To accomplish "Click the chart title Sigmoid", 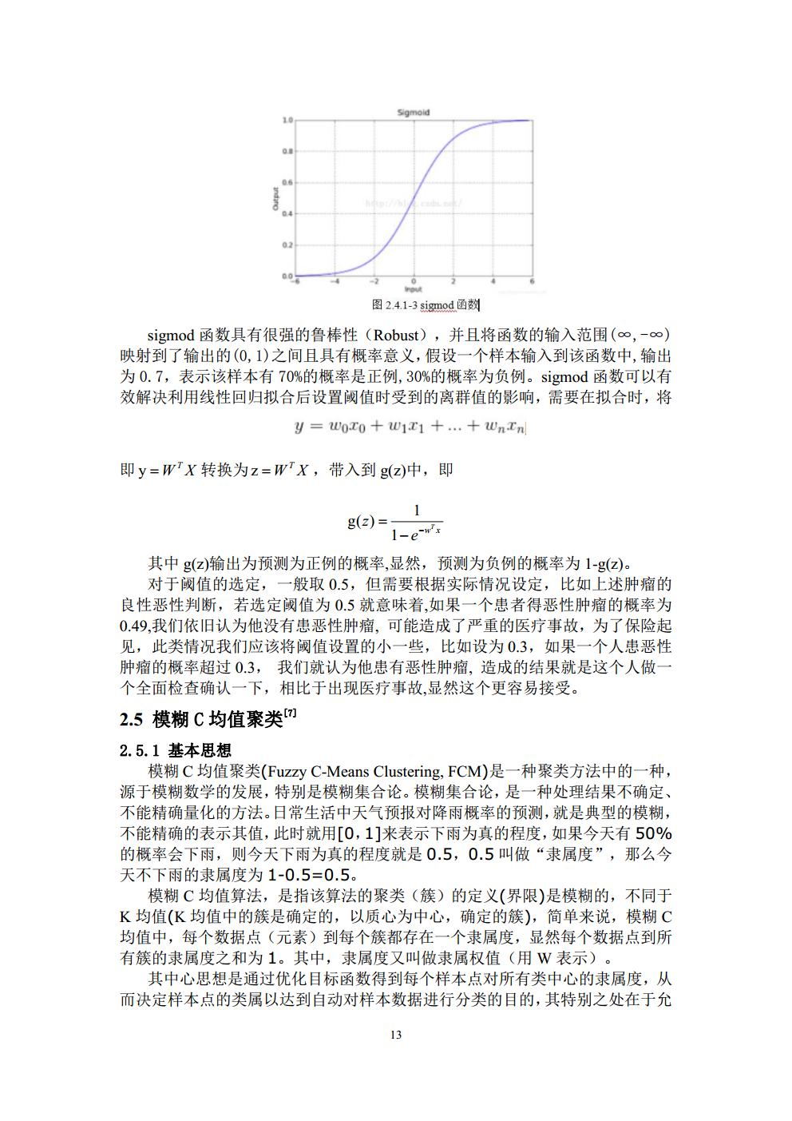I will pos(413,113).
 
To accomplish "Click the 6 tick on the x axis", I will pos(532,282).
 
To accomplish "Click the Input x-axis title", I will pos(413,289).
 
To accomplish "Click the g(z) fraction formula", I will pos(395,520).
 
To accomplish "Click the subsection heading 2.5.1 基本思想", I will pos(176,751).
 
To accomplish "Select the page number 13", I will pos(395,1036).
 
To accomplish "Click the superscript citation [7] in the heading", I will pos(291,714).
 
